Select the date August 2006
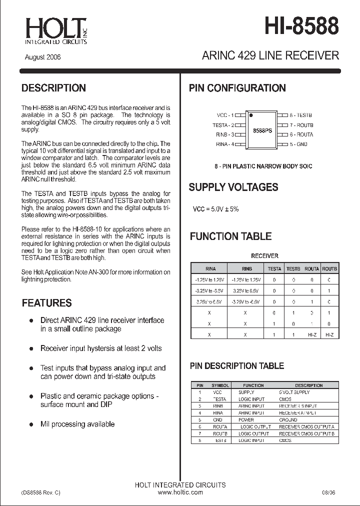point(43,57)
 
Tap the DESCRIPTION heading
point(53,88)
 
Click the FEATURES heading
point(47,303)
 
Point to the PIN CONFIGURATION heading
point(237,88)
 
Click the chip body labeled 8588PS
point(262,130)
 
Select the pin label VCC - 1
point(224,115)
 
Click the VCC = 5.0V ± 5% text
point(215,209)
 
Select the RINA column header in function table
point(210,268)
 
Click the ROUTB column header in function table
point(329,268)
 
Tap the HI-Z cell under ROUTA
point(311,334)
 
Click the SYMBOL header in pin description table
point(220,385)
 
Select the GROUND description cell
point(288,420)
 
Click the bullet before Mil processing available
point(31,424)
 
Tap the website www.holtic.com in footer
point(180,492)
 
